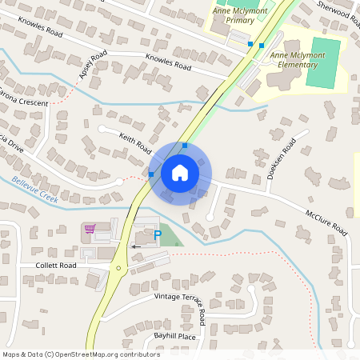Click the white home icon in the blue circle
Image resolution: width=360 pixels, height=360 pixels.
tap(180, 172)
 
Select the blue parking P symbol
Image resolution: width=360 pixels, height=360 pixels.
tap(157, 234)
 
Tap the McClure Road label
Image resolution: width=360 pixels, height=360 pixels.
tap(326, 223)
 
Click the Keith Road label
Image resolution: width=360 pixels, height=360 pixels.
tap(135, 144)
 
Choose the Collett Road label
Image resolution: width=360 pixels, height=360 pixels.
tap(56, 265)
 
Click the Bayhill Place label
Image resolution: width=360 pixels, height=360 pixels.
tap(176, 337)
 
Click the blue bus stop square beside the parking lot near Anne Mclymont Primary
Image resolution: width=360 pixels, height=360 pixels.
tap(250, 44)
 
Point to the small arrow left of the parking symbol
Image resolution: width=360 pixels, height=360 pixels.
tap(135, 246)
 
